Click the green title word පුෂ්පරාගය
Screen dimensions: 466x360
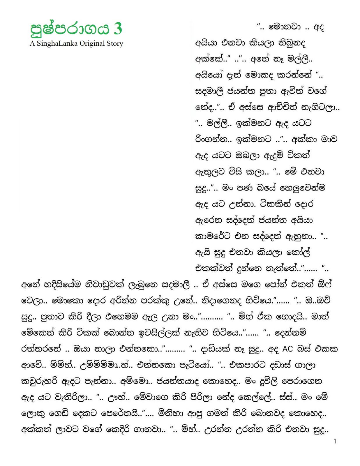(70, 29)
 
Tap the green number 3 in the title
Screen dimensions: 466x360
(118, 29)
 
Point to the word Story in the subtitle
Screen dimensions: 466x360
(115, 43)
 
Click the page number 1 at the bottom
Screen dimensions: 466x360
(335, 441)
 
